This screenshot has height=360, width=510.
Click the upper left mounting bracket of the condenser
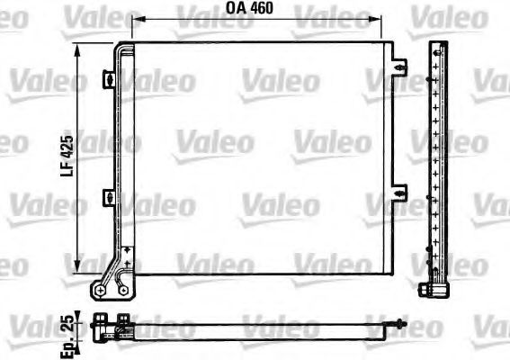tap(109, 79)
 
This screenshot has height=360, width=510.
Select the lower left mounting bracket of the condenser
tap(109, 197)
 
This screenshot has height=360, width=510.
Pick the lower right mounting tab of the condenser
tap(401, 190)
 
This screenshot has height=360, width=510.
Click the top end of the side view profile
tap(437, 45)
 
